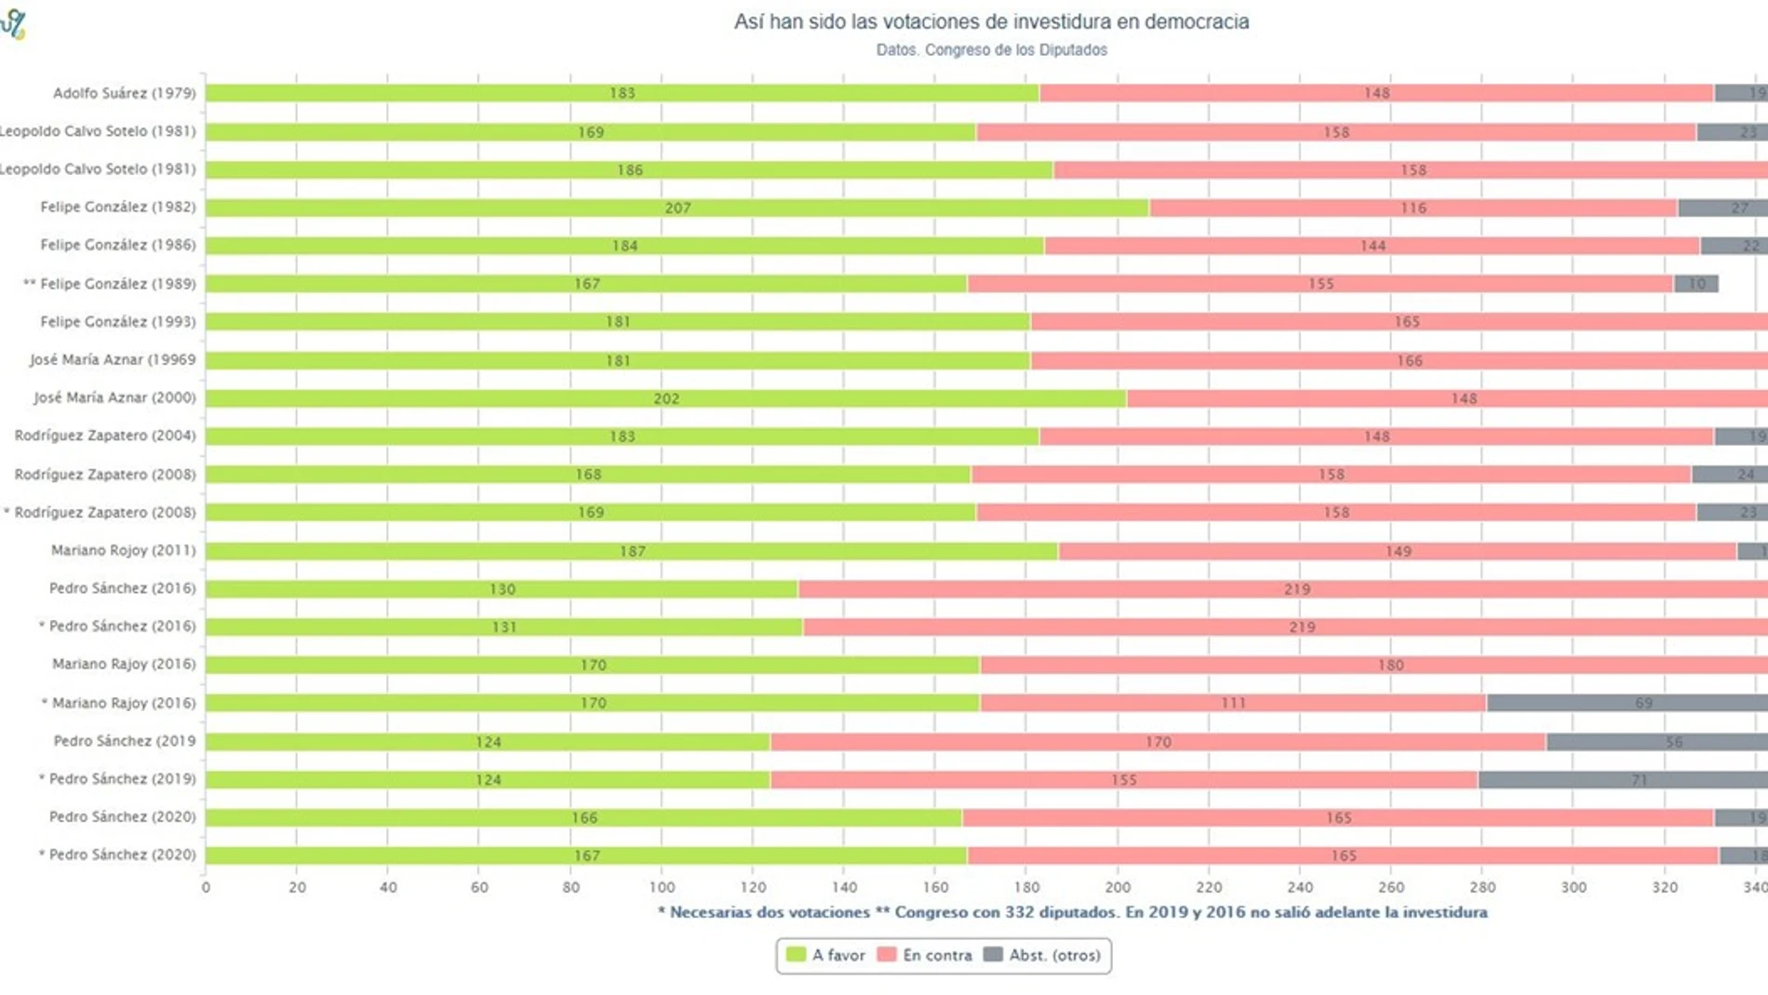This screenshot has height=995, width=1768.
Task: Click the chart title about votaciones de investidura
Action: pyautogui.click(x=991, y=21)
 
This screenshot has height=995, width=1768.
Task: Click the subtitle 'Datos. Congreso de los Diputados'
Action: pyautogui.click(x=991, y=50)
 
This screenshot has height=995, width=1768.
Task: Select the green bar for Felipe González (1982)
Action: pyautogui.click(x=676, y=208)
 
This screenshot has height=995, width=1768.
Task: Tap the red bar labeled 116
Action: pyautogui.click(x=1413, y=208)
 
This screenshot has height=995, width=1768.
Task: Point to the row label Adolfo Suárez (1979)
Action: pyautogui.click(x=124, y=93)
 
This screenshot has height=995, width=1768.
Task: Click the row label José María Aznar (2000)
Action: pyautogui.click(x=114, y=397)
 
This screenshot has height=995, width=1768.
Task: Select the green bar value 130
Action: pyautogui.click(x=502, y=589)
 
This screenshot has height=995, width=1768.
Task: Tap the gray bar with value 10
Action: pyautogui.click(x=1695, y=284)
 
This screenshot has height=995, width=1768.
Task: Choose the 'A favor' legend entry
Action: pyautogui.click(x=826, y=955)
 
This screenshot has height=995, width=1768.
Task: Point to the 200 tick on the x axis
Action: pyautogui.click(x=1118, y=888)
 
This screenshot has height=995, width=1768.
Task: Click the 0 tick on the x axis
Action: pyautogui.click(x=206, y=888)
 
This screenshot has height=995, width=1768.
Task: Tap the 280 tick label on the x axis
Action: pyautogui.click(x=1482, y=888)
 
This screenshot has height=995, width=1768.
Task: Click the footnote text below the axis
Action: pyautogui.click(x=1072, y=912)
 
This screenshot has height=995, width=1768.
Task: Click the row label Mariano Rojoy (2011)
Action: pyautogui.click(x=123, y=550)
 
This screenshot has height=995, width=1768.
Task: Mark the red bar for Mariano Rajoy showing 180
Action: pyautogui.click(x=1390, y=665)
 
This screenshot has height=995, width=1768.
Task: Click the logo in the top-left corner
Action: pyautogui.click(x=14, y=23)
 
